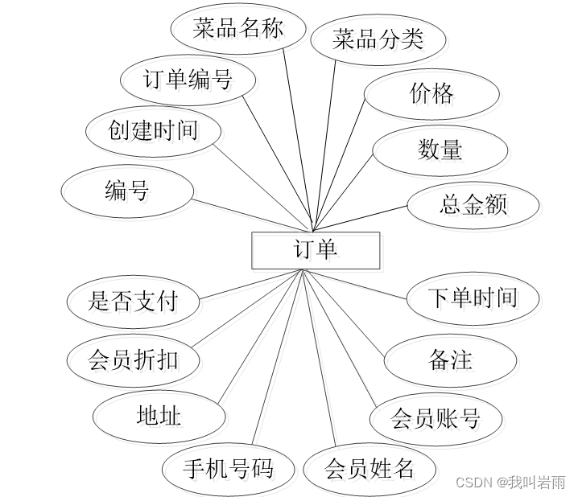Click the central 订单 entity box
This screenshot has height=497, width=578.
click(316, 250)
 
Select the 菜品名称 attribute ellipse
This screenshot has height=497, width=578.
click(239, 29)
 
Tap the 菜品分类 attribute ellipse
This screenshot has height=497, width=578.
click(378, 39)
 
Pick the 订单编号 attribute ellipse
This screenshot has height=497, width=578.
click(188, 79)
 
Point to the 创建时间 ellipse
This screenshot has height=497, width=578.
click(153, 129)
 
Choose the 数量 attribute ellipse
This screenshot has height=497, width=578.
click(440, 149)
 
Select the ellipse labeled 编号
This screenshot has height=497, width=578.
click(127, 191)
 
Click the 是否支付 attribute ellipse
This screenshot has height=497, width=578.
click(133, 302)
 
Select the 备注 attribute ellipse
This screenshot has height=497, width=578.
click(450, 359)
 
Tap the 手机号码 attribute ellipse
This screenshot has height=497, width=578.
click(228, 467)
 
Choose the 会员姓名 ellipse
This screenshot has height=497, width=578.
click(370, 468)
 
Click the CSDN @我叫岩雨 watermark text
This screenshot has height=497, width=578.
click(510, 482)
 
